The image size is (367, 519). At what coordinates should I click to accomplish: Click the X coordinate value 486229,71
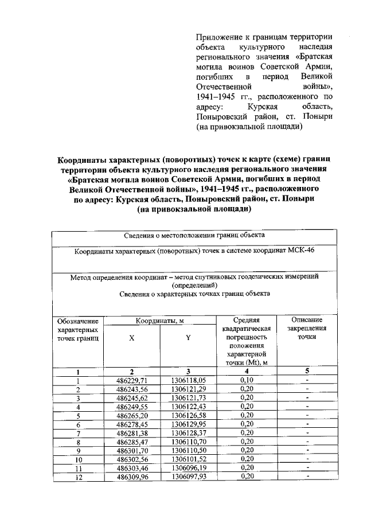(x=131, y=380)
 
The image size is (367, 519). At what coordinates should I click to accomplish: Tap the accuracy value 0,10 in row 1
(x=247, y=380)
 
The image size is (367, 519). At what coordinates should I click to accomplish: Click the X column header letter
(x=131, y=338)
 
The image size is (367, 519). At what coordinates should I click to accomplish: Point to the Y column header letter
(x=188, y=338)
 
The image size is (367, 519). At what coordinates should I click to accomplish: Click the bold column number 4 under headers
(x=247, y=371)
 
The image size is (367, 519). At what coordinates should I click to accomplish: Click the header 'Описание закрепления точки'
(x=307, y=329)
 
